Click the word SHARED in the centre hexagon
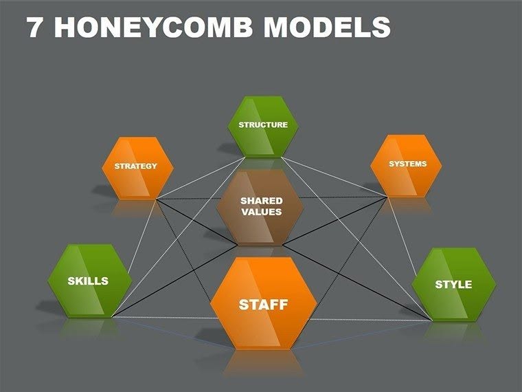click(x=261, y=201)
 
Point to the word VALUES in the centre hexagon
click(x=261, y=213)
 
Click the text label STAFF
click(x=263, y=305)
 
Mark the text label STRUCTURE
click(x=263, y=125)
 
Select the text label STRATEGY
click(x=136, y=166)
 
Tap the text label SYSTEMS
click(x=407, y=164)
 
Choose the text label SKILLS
click(x=88, y=281)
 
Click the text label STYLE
click(x=453, y=284)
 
